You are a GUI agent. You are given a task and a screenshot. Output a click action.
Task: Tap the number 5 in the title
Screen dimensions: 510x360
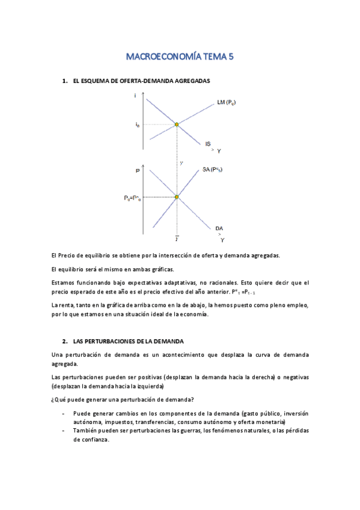pos(230,57)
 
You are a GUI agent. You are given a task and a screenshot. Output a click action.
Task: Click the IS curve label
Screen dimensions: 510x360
pos(207,143)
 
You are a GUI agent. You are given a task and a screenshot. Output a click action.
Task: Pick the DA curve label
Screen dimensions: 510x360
pos(219,229)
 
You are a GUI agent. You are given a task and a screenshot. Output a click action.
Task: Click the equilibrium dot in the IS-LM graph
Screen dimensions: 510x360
pos(177,124)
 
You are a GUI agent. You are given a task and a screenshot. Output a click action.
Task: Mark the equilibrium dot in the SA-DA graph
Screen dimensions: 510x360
pos(177,197)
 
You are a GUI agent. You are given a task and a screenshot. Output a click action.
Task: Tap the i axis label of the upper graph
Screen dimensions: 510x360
pos(136,96)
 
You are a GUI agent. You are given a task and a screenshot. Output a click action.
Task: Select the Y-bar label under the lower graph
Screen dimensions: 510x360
pos(176,239)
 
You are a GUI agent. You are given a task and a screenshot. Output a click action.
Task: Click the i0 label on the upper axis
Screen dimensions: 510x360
pos(138,125)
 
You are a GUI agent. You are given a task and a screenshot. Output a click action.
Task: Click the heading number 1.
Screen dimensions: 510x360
pos(64,80)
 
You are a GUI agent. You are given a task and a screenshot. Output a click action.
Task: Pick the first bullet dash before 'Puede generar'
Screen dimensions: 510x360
pos(64,414)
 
